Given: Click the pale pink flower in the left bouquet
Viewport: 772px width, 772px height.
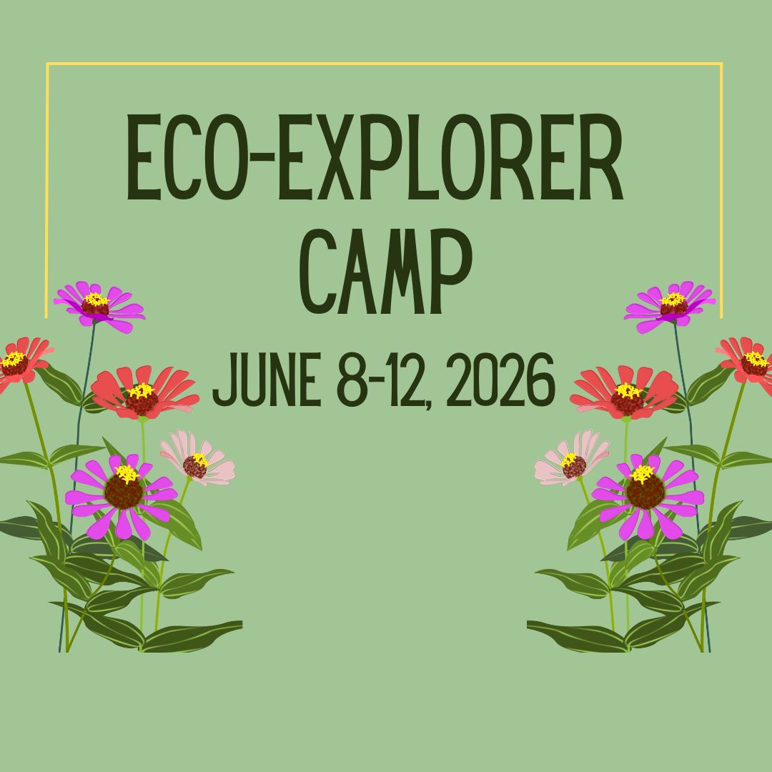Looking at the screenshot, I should pyautogui.click(x=197, y=459).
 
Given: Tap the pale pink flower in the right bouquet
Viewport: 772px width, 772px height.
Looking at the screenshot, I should pyautogui.click(x=572, y=459).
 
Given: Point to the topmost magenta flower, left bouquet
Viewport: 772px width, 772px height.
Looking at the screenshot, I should pyautogui.click(x=98, y=306).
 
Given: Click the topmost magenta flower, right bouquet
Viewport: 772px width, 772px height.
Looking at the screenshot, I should pyautogui.click(x=672, y=306).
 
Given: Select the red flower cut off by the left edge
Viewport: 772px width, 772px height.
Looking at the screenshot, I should pyautogui.click(x=18, y=363).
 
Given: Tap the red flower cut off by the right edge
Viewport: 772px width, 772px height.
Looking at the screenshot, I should pyautogui.click(x=751, y=363).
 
